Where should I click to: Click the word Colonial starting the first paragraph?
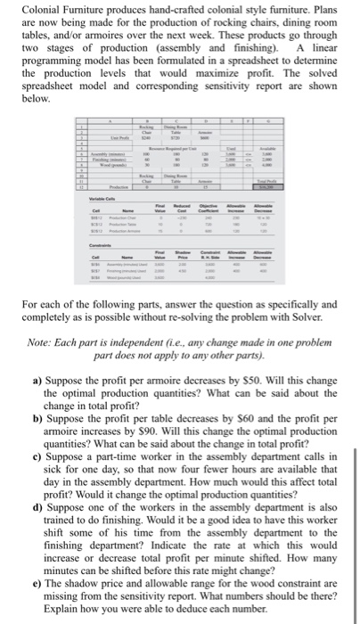click(x=40, y=9)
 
